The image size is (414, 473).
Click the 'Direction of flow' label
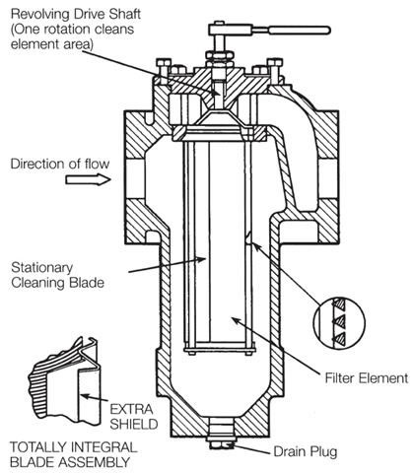tap(60, 164)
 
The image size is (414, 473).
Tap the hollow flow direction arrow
tap(88, 179)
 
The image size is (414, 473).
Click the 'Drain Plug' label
tap(306, 451)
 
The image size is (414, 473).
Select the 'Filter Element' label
tap(367, 378)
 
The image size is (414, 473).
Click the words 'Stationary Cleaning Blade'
tap(57, 275)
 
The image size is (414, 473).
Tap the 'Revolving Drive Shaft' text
tap(76, 14)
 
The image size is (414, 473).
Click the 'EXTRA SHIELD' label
tap(134, 417)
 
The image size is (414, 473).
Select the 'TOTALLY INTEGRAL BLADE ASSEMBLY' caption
tap(73, 454)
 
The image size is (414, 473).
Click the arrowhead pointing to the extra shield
tap(85, 397)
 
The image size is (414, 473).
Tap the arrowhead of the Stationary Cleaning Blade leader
tap(201, 259)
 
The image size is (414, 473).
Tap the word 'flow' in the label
tap(97, 164)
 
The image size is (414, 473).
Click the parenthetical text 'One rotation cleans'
tap(72, 30)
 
